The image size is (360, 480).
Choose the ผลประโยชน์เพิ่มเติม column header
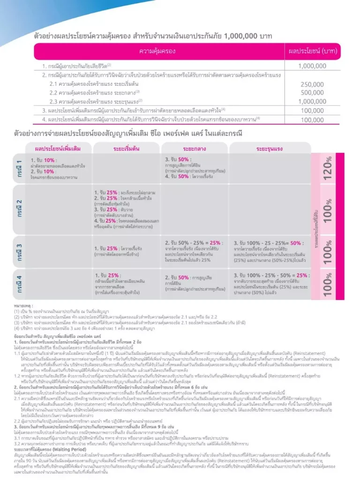tap(58, 149)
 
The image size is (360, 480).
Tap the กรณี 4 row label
tap(19, 284)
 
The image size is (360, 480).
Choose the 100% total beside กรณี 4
tap(328, 284)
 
